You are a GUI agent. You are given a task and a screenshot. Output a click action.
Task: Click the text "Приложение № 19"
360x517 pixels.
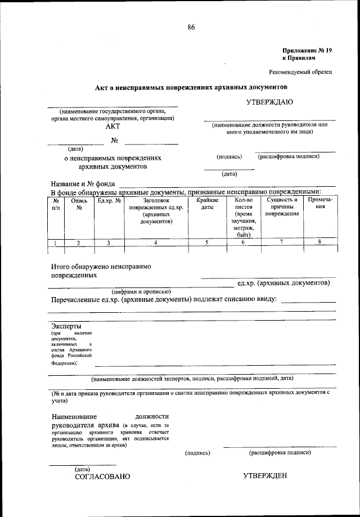(307, 51)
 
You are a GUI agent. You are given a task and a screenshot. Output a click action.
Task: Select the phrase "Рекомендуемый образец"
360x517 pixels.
(300, 72)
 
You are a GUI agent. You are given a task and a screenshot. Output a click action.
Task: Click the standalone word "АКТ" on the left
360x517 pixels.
(113, 127)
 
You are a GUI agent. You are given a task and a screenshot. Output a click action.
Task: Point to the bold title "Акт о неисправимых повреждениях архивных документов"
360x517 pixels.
(191, 88)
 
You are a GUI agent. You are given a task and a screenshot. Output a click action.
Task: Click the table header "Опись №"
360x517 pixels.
(79, 204)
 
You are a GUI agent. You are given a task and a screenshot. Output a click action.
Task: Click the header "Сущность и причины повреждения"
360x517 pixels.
(282, 207)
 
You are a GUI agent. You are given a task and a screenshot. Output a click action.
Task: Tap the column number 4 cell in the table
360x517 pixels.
(156, 242)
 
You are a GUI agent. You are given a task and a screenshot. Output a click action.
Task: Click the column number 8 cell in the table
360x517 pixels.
(319, 242)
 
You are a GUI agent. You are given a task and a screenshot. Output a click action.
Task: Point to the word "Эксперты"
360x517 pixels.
(66, 326)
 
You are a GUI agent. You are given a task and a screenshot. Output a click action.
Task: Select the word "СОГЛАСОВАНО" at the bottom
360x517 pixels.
(102, 476)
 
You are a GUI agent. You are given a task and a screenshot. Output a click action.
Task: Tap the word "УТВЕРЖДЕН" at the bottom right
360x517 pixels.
(265, 476)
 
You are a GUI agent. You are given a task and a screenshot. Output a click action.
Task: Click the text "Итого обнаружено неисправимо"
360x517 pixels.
(101, 266)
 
